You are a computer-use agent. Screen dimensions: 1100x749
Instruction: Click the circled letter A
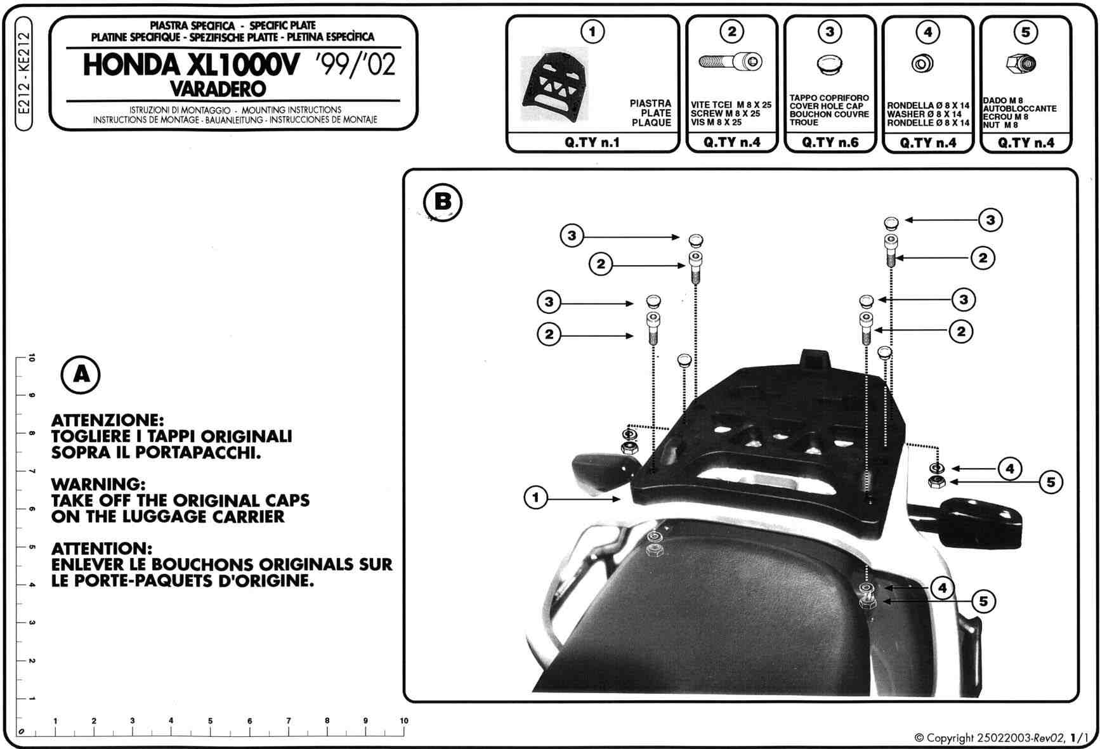point(81,375)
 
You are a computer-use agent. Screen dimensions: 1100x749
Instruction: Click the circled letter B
point(442,202)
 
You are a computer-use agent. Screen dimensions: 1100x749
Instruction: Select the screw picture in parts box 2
point(730,62)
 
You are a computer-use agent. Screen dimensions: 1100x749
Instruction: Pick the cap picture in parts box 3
point(829,65)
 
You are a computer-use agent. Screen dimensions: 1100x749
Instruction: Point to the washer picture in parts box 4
point(923,63)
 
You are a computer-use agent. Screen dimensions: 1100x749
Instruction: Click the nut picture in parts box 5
point(1021,63)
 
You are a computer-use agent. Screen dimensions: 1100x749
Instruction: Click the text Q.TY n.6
point(830,143)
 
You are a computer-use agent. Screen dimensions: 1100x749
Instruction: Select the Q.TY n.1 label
point(592,143)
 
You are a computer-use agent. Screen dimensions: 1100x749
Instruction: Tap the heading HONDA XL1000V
point(189,65)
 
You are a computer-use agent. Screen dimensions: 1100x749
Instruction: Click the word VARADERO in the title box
point(218,88)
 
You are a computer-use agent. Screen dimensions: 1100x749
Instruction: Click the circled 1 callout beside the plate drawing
point(536,497)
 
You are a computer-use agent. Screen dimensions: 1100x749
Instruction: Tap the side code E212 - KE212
point(23,74)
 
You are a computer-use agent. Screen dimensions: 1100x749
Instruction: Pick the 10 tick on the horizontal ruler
point(404,720)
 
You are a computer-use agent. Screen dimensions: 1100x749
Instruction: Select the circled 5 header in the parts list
point(1026,31)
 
